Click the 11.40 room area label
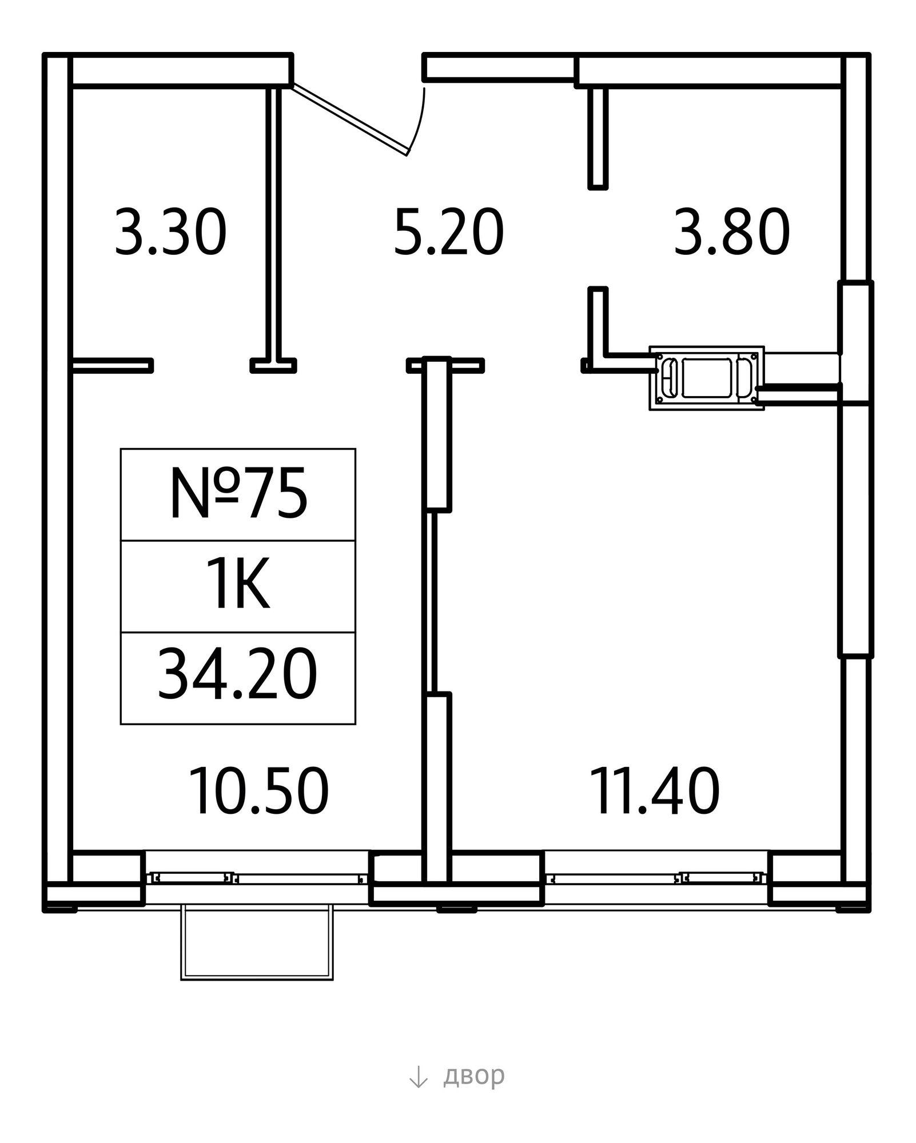(x=656, y=791)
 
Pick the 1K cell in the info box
(x=238, y=586)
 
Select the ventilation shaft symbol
(x=707, y=378)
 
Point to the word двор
(x=474, y=1075)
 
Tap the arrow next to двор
(x=419, y=1076)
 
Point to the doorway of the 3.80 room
(x=598, y=238)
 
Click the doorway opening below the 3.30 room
(x=202, y=365)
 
